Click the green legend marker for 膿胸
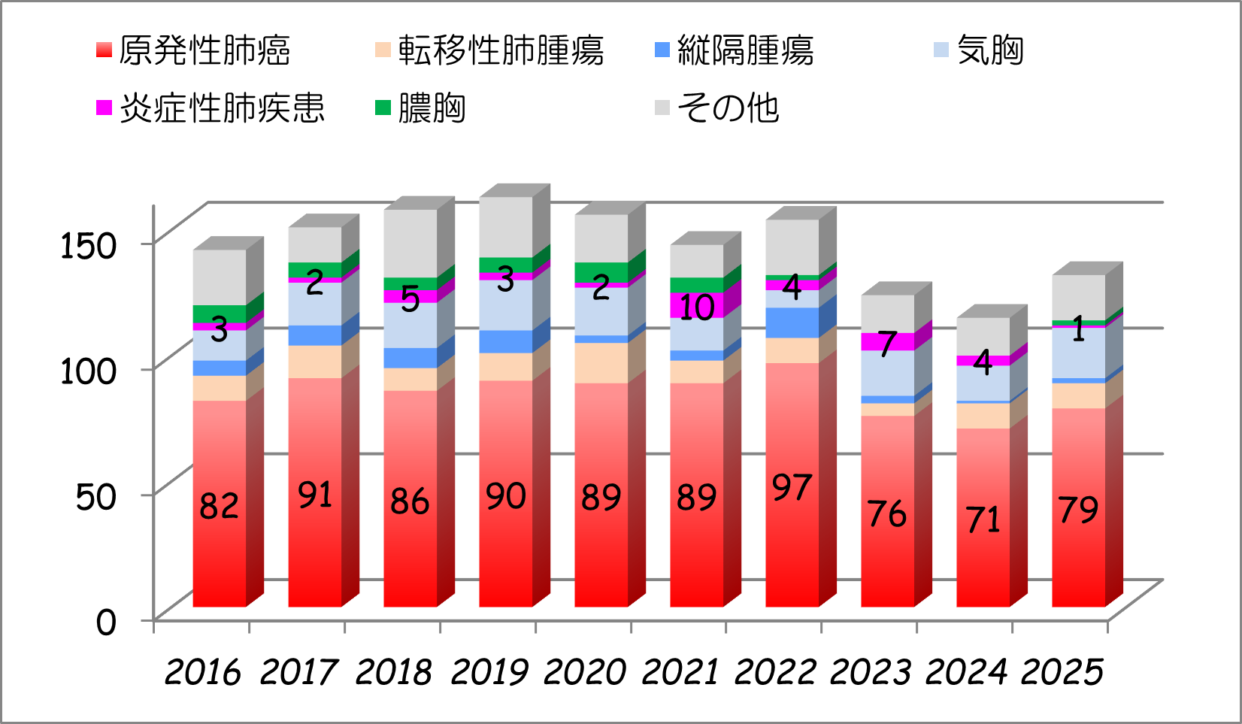[x=383, y=108]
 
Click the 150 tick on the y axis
[x=88, y=246]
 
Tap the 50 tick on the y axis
[x=95, y=496]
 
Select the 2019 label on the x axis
[x=489, y=671]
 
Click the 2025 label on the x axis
[x=1062, y=671]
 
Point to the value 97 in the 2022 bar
[x=792, y=488]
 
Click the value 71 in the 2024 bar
[x=983, y=520]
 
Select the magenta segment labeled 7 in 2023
[x=887, y=342]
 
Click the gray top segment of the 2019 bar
[x=505, y=226]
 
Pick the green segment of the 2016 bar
[x=219, y=314]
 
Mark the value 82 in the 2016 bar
[x=219, y=506]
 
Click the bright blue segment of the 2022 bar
[x=792, y=323]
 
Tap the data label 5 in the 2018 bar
[x=410, y=298]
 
